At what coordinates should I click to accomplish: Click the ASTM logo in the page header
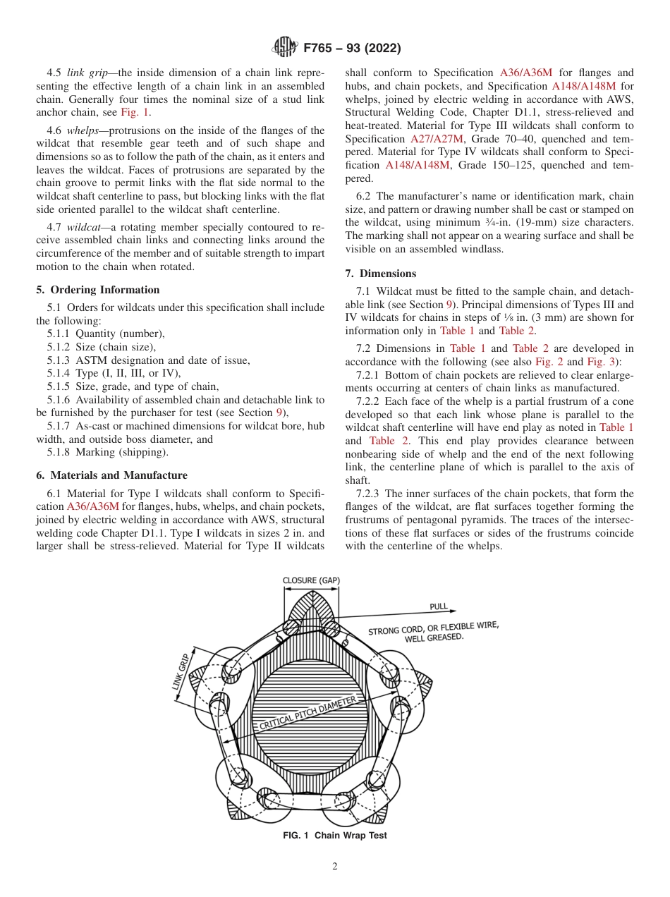285,47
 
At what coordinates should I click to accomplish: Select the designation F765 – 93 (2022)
352,48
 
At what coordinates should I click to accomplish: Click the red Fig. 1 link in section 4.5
134,111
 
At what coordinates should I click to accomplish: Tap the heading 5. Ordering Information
97,290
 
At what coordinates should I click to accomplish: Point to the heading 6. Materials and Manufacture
111,475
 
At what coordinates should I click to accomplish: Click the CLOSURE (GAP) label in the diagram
311,580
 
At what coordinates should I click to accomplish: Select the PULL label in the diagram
439,606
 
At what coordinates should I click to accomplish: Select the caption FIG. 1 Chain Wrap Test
334,836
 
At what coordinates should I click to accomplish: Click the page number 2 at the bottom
335,867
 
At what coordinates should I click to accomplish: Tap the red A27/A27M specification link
437,139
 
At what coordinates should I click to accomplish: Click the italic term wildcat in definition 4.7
85,227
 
